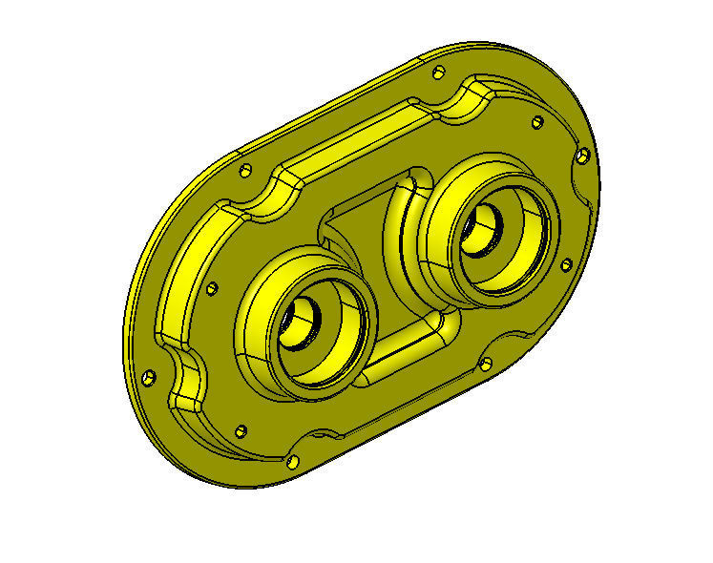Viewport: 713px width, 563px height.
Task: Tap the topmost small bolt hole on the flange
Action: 438,73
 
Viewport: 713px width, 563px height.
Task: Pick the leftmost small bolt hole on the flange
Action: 147,376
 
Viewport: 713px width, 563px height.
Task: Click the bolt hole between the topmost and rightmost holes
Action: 537,121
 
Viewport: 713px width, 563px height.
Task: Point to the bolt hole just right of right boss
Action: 565,262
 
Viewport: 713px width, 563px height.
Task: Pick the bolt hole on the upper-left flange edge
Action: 245,171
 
